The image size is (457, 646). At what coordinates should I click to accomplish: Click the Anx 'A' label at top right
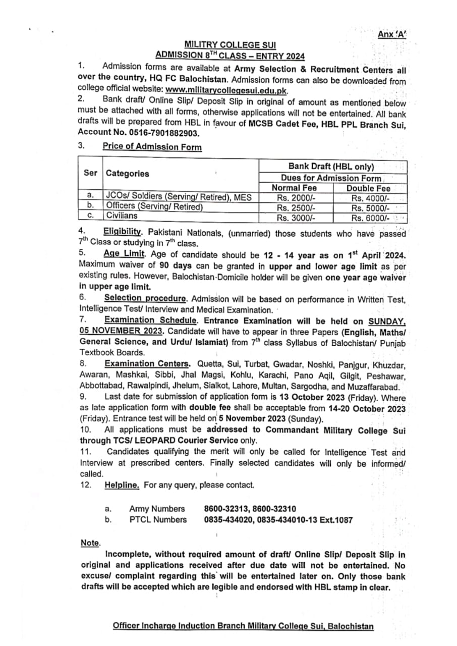coord(392,34)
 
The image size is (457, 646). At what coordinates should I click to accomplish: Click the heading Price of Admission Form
coord(152,147)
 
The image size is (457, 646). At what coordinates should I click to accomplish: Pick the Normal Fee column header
coord(294,188)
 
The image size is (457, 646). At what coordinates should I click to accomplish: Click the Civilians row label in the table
coord(121,216)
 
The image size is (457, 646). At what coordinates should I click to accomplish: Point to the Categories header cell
coord(128,173)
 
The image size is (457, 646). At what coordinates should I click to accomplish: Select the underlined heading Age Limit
coord(124,255)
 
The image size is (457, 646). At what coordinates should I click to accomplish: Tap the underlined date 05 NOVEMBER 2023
coord(121,331)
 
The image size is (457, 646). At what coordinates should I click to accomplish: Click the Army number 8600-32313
coord(226,509)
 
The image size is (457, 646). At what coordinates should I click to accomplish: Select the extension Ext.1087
coord(336,520)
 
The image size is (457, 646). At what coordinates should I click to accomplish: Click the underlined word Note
coord(90,543)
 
